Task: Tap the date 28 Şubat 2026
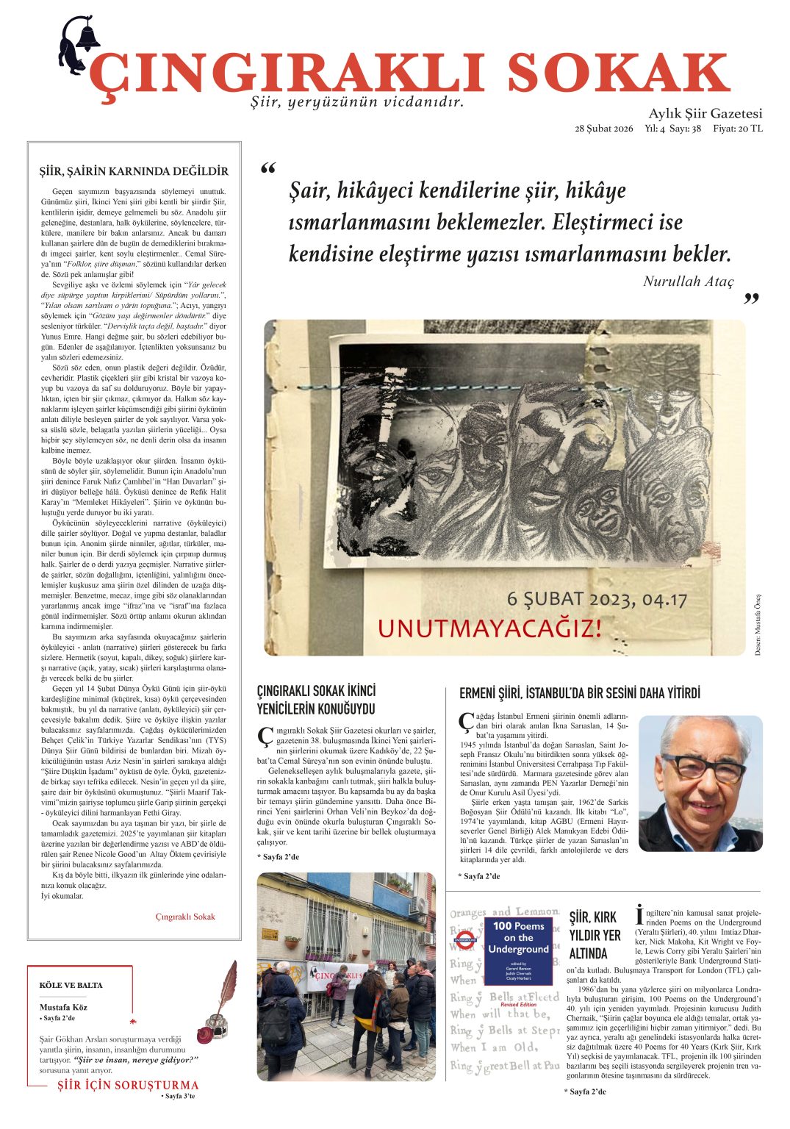[x=603, y=129]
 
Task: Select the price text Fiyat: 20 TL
[x=737, y=129]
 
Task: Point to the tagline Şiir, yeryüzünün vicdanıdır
[x=357, y=102]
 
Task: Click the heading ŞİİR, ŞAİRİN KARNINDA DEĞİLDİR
[x=134, y=171]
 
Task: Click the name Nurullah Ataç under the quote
[x=688, y=282]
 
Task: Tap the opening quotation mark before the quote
[x=268, y=171]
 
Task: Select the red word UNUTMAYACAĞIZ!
[x=489, y=628]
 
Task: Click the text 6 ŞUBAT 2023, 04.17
[x=597, y=599]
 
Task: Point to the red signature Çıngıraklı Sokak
[x=185, y=917]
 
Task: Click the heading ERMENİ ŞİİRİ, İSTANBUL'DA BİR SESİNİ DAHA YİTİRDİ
[x=580, y=693]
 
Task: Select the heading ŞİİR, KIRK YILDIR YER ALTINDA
[x=595, y=935]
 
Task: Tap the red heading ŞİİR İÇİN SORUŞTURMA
[x=128, y=1085]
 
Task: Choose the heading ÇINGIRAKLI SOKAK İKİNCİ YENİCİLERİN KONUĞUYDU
[x=316, y=700]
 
